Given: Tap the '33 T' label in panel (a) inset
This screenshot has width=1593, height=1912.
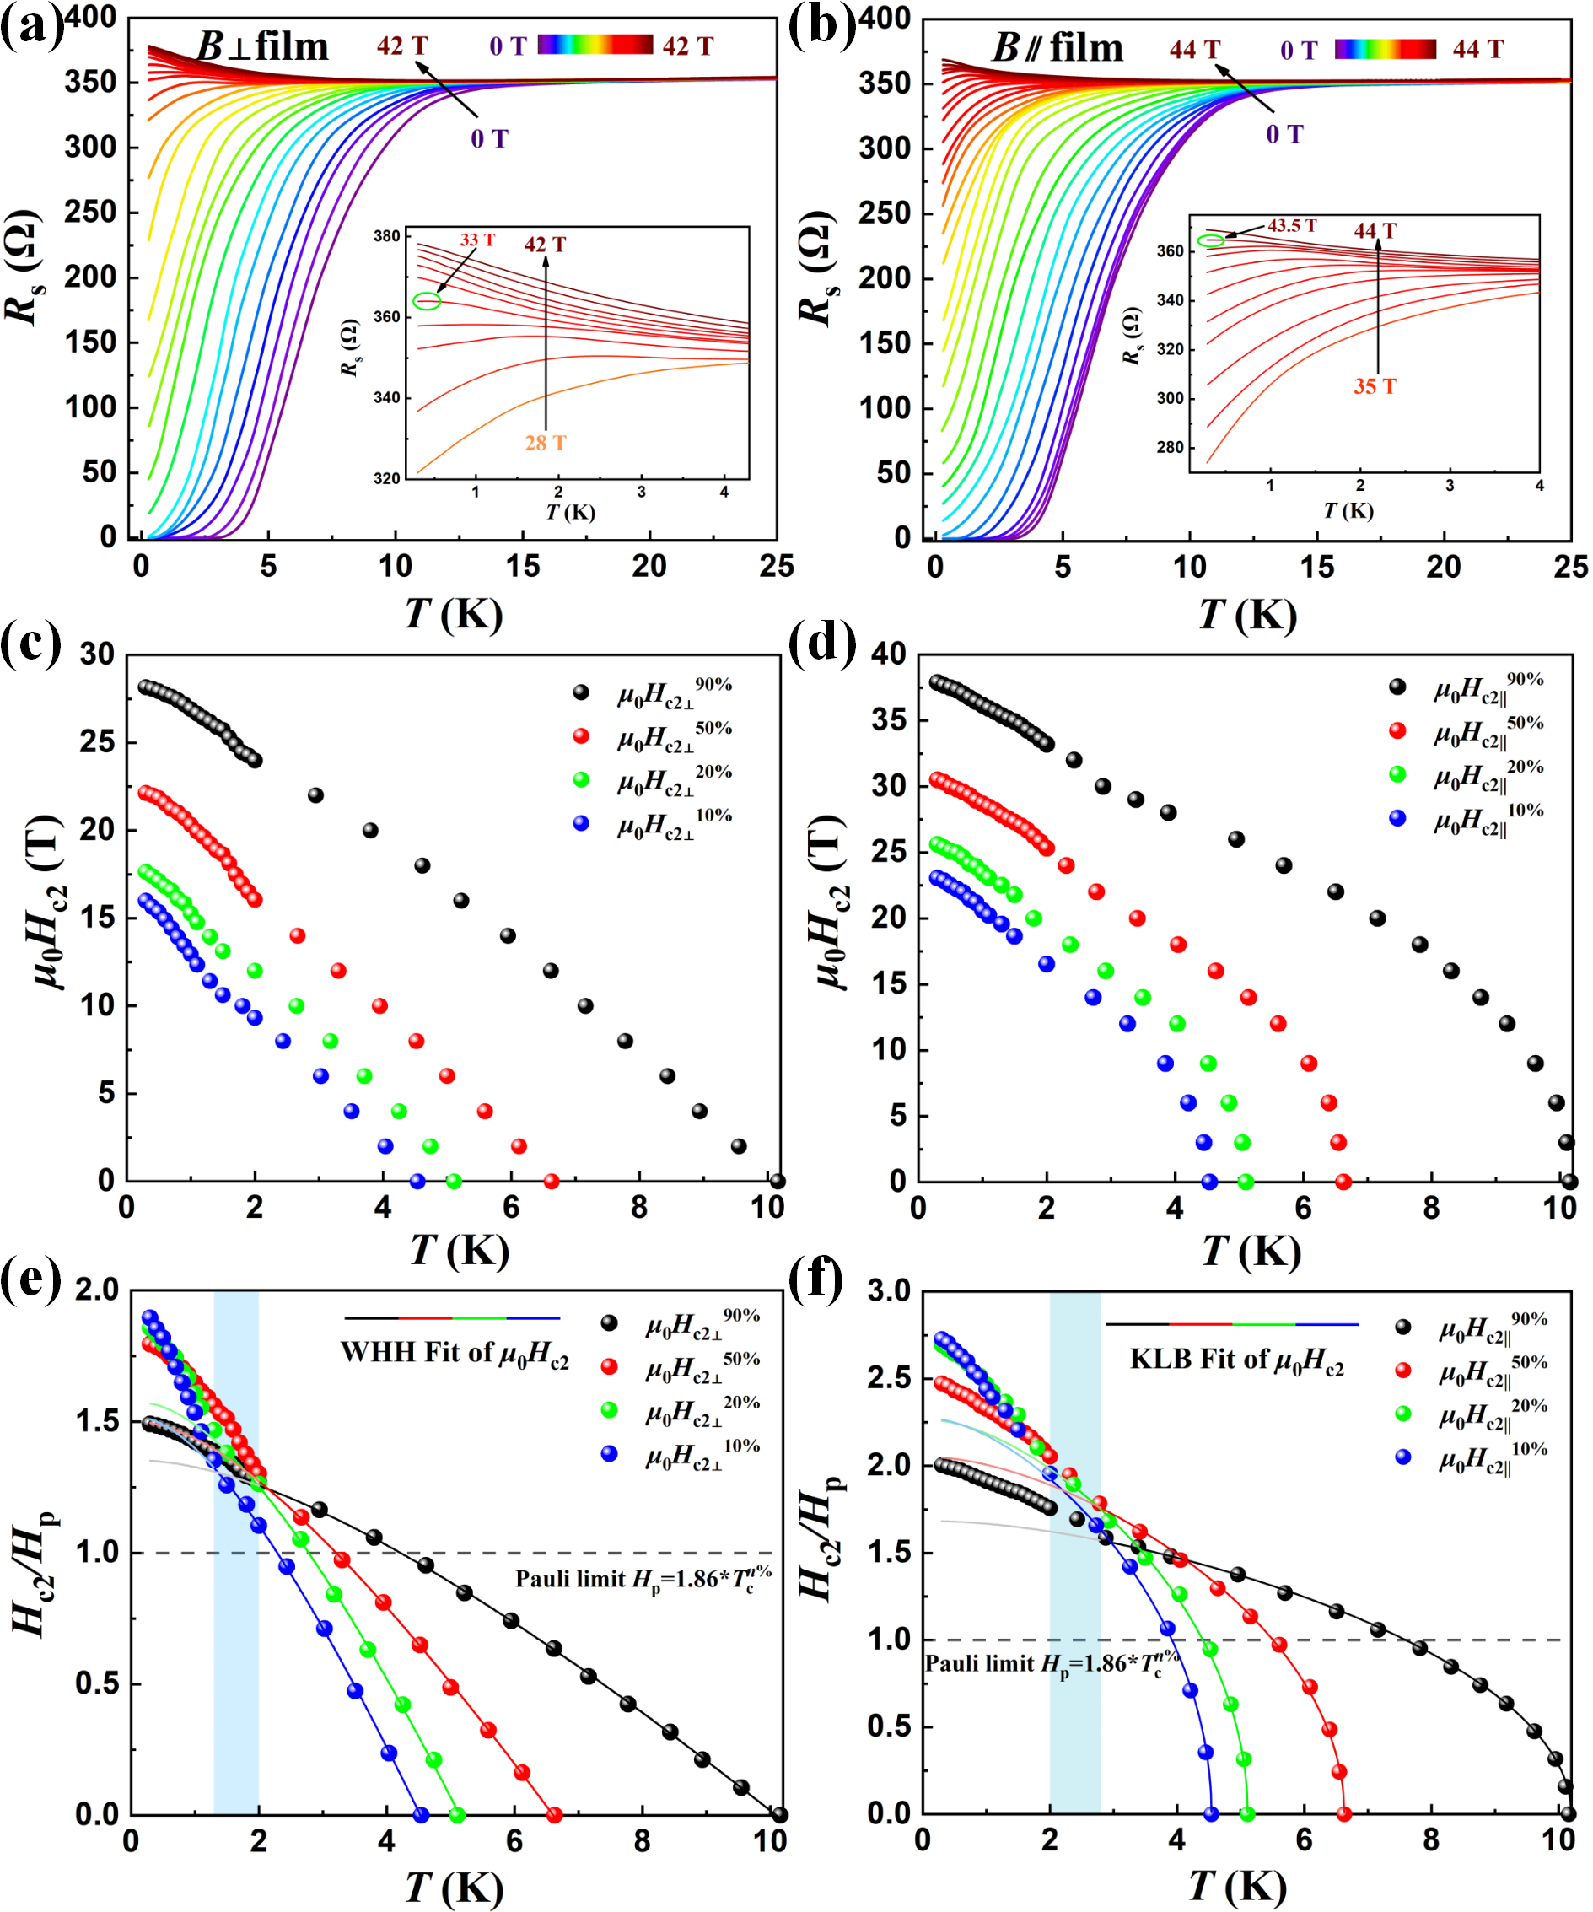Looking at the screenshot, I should coord(477,240).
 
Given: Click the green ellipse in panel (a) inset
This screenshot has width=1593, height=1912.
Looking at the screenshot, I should coord(427,301).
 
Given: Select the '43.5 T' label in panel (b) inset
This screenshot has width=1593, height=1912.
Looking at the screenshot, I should coord(1292,226).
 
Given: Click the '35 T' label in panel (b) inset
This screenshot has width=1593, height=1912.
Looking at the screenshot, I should coord(1375,386).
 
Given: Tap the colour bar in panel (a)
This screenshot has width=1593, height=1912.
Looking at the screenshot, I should coord(595,45).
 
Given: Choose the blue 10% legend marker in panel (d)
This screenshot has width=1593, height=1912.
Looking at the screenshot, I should coord(1397,818).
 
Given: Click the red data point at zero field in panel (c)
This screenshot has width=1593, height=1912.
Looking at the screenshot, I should coord(551,1182).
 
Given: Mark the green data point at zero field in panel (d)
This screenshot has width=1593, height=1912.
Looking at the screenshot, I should coord(1246,1182).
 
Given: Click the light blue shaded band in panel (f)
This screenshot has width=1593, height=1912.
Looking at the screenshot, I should coord(1075,1548).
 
